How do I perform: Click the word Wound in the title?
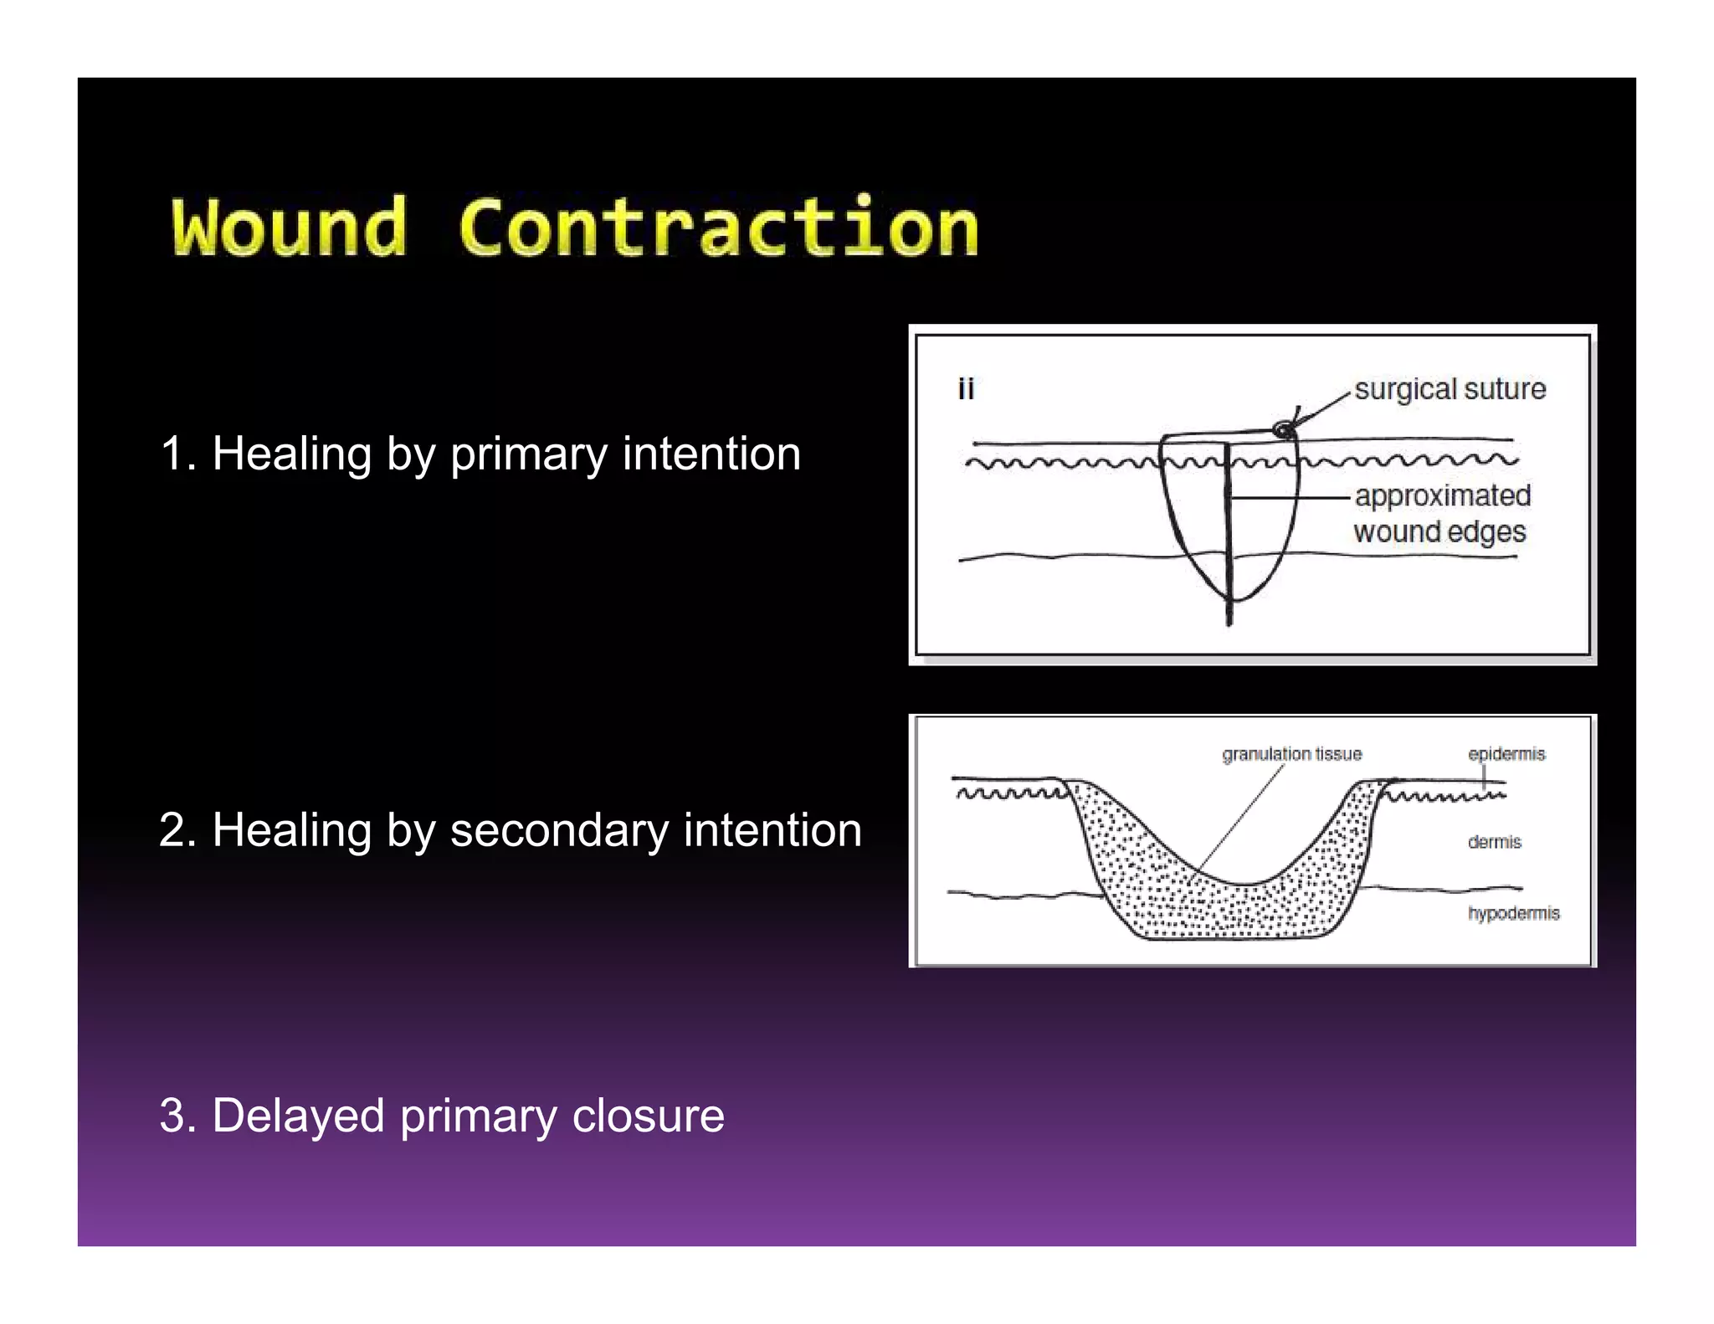coord(290,228)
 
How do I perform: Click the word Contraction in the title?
coord(718,228)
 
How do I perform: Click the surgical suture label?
coord(1450,389)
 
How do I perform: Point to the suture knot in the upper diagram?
coord(1282,430)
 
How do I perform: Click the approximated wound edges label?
coord(1441,513)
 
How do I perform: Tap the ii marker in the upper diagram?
coord(966,389)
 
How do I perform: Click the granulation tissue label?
coord(1291,754)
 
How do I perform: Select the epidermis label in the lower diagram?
coord(1506,754)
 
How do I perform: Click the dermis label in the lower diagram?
coord(1494,842)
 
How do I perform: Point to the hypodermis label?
coord(1513,913)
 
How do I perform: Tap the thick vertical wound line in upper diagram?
coord(1229,544)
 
